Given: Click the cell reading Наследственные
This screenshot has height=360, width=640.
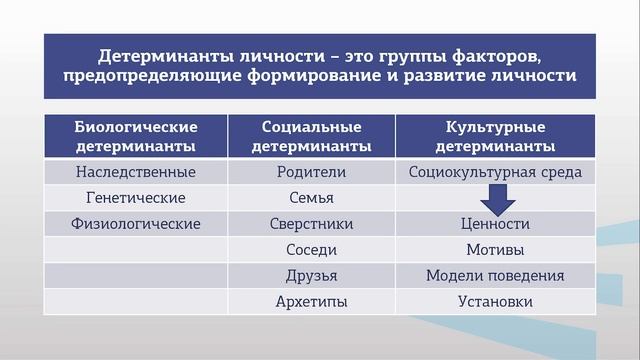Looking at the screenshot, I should pyautogui.click(x=136, y=172).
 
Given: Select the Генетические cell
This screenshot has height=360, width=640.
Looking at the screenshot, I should pyautogui.click(x=136, y=198).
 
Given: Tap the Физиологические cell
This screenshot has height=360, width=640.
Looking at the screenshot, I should pyautogui.click(x=136, y=224).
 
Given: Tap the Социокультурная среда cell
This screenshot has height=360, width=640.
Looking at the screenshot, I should pyautogui.click(x=495, y=172).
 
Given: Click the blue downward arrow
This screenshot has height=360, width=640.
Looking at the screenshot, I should pyautogui.click(x=495, y=199).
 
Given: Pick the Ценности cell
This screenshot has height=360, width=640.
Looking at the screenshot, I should pyautogui.click(x=495, y=224).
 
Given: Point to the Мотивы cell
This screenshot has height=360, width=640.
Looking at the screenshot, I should pyautogui.click(x=495, y=250).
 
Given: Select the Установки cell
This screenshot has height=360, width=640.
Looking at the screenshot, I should pyautogui.click(x=495, y=301).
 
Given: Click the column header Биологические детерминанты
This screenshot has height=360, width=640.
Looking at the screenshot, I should pyautogui.click(x=136, y=137).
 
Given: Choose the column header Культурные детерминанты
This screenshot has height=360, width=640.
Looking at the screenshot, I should pyautogui.click(x=495, y=137).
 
